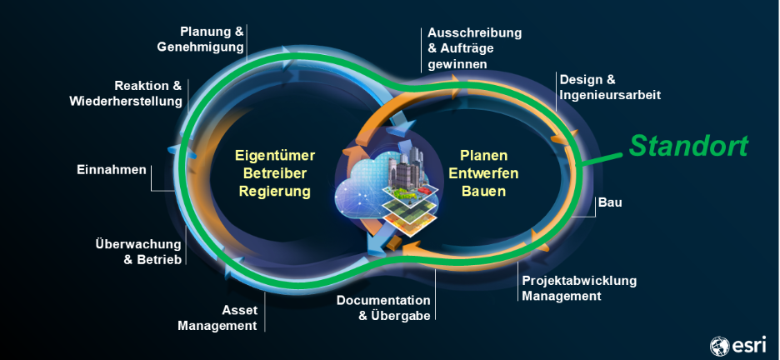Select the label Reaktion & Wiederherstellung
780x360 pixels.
tap(126, 93)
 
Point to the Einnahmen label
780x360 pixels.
tap(107, 170)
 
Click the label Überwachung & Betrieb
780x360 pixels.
tap(138, 252)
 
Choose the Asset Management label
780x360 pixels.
tap(217, 317)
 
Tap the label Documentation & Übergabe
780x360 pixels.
tap(383, 307)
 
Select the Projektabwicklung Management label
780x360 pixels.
tap(578, 287)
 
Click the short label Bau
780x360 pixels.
tap(610, 202)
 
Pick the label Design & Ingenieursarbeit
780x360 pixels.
tap(610, 87)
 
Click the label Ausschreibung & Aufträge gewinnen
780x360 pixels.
tap(474, 47)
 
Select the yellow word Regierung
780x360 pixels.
tap(274, 192)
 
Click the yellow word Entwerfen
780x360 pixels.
tap(483, 173)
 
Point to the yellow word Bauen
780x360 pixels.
tap(483, 192)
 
